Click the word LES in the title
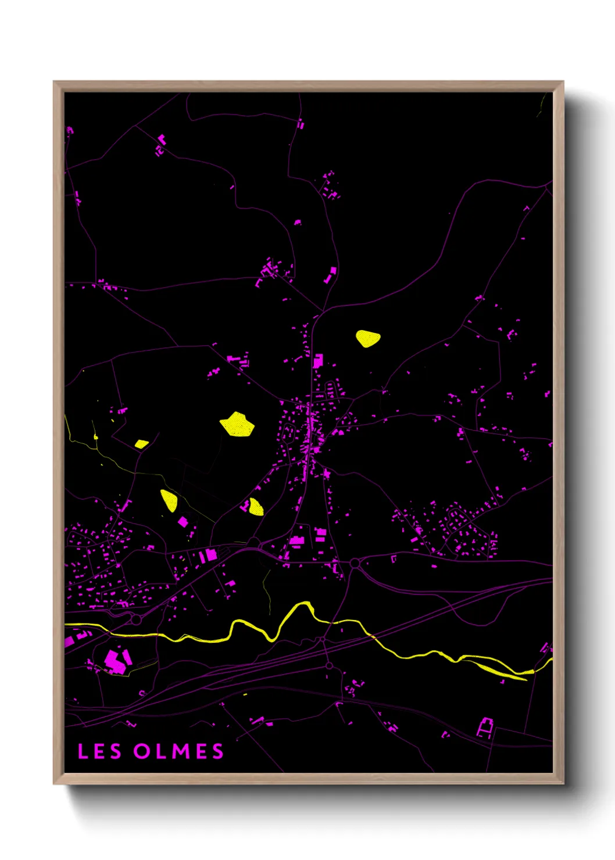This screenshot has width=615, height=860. [x=99, y=751]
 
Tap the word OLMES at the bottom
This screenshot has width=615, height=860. [x=178, y=751]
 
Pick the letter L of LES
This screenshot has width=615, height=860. [x=82, y=751]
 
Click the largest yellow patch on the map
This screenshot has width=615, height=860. [x=237, y=424]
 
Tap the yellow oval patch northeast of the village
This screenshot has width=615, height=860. [x=367, y=338]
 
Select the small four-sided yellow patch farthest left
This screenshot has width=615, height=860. [x=141, y=444]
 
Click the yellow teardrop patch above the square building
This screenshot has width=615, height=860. [x=169, y=500]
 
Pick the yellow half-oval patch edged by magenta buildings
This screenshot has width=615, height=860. [x=256, y=507]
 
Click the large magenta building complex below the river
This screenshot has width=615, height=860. [x=116, y=661]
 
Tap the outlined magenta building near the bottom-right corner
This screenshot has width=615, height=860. [x=485, y=727]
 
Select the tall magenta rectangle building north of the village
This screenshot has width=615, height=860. [x=317, y=361]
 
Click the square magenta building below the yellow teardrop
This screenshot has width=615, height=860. [x=183, y=521]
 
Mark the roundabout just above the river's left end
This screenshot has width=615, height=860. [x=136, y=619]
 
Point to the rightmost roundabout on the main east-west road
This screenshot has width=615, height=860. [x=355, y=562]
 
